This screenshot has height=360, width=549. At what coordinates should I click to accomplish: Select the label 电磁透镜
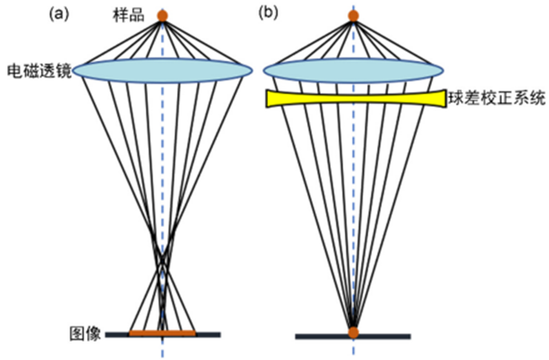pos(39,70)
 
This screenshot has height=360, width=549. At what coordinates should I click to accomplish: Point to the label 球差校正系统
pos(498,100)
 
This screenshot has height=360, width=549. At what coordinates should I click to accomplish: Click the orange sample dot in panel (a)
pos(162,15)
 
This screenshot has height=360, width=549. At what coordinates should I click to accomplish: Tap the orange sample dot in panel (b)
pos(354,15)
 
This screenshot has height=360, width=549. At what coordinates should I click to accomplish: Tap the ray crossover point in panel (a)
pos(162,264)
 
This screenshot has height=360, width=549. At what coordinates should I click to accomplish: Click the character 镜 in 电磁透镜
pos(65,70)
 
